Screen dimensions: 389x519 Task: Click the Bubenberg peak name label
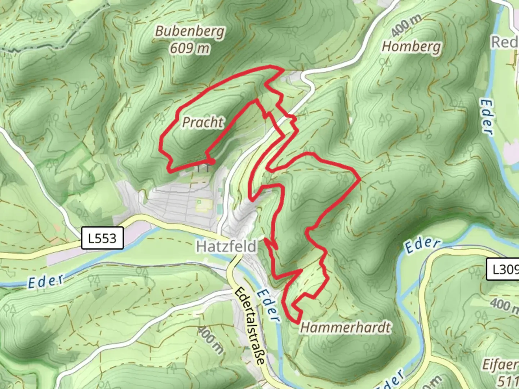[190, 32]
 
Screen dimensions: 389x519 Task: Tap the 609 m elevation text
[190, 48]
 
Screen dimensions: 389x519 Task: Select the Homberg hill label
[411, 47]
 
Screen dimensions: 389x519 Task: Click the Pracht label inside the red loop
[203, 122]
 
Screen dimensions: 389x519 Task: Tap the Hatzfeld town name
[227, 247]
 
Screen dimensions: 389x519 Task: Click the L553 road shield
[102, 238]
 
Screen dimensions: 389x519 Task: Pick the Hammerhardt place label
[345, 327]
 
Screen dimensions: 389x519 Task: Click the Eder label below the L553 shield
[46, 281]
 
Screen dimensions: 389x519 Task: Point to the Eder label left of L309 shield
[422, 245]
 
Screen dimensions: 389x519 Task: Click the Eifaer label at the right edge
[500, 365]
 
